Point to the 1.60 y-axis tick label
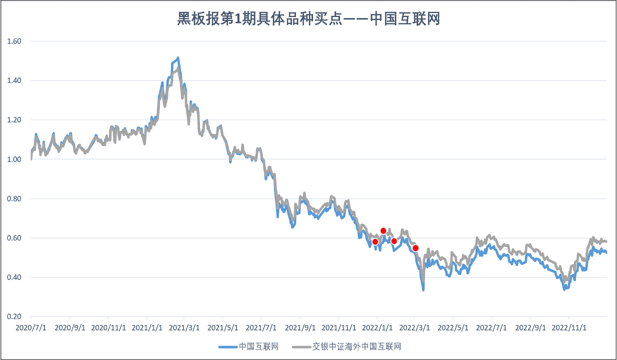[x=14, y=41]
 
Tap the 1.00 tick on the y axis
[x=14, y=159]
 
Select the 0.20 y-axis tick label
[x=14, y=316]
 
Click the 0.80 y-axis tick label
[x=14, y=198]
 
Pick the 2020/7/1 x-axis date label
[x=30, y=328]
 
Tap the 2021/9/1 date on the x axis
[x=300, y=328]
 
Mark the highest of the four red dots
[x=383, y=230]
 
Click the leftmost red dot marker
[x=375, y=241]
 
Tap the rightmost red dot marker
[x=415, y=248]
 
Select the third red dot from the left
[x=394, y=241]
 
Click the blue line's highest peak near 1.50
[x=178, y=58]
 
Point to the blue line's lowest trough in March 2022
[x=423, y=289]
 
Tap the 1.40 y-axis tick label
[x=14, y=80]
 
